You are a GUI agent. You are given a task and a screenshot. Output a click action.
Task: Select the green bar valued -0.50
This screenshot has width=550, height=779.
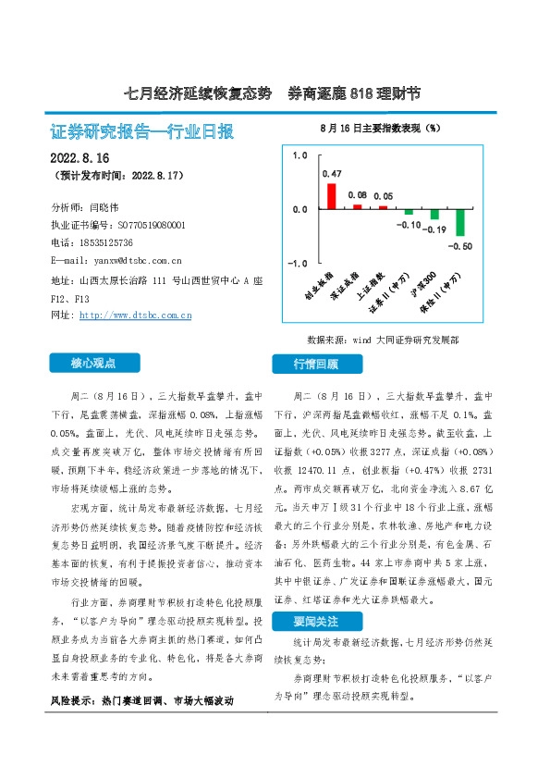[x=459, y=222]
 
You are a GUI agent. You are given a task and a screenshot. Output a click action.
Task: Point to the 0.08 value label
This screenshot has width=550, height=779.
[x=357, y=194]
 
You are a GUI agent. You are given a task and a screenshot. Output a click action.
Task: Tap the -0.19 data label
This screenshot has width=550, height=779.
[x=434, y=229]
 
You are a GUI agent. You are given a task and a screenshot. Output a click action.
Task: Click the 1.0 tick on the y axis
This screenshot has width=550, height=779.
[x=299, y=155]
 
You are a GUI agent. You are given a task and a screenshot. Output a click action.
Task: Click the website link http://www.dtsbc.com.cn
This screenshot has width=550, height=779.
[x=136, y=315]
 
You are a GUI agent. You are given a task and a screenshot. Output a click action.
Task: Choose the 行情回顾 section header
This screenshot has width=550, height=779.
[x=316, y=364]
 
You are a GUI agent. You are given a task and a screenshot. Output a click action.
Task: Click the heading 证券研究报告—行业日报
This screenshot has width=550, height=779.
[x=140, y=131]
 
